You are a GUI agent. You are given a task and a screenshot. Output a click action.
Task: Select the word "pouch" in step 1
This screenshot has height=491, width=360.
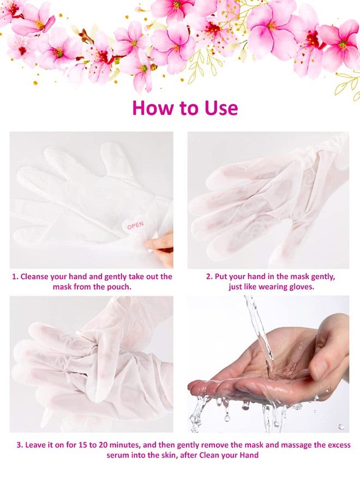click(x=119, y=286)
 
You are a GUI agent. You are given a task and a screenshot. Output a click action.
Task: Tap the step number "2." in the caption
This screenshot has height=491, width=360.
click(x=209, y=277)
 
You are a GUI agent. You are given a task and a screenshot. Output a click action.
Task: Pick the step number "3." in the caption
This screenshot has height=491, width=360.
click(x=20, y=445)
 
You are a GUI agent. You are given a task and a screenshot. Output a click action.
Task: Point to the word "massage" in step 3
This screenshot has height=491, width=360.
click(x=295, y=445)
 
